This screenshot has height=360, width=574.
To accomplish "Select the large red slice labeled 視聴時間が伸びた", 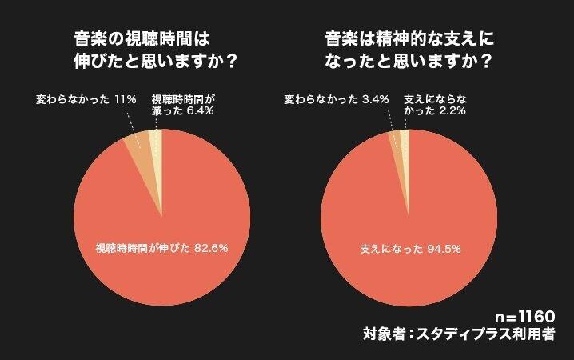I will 160,232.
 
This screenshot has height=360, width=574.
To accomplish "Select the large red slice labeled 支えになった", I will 408,232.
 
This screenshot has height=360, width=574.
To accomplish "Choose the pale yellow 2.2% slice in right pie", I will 405,139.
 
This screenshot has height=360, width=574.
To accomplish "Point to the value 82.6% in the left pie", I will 210,248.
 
